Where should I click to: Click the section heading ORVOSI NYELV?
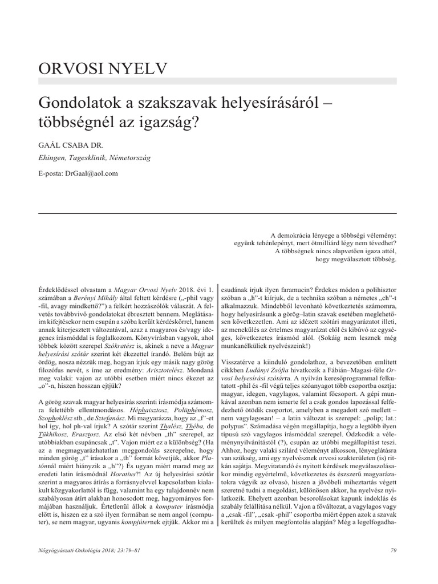click(103, 69)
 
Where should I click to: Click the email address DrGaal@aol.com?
click(92, 173)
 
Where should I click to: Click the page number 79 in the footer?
click(393, 550)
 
